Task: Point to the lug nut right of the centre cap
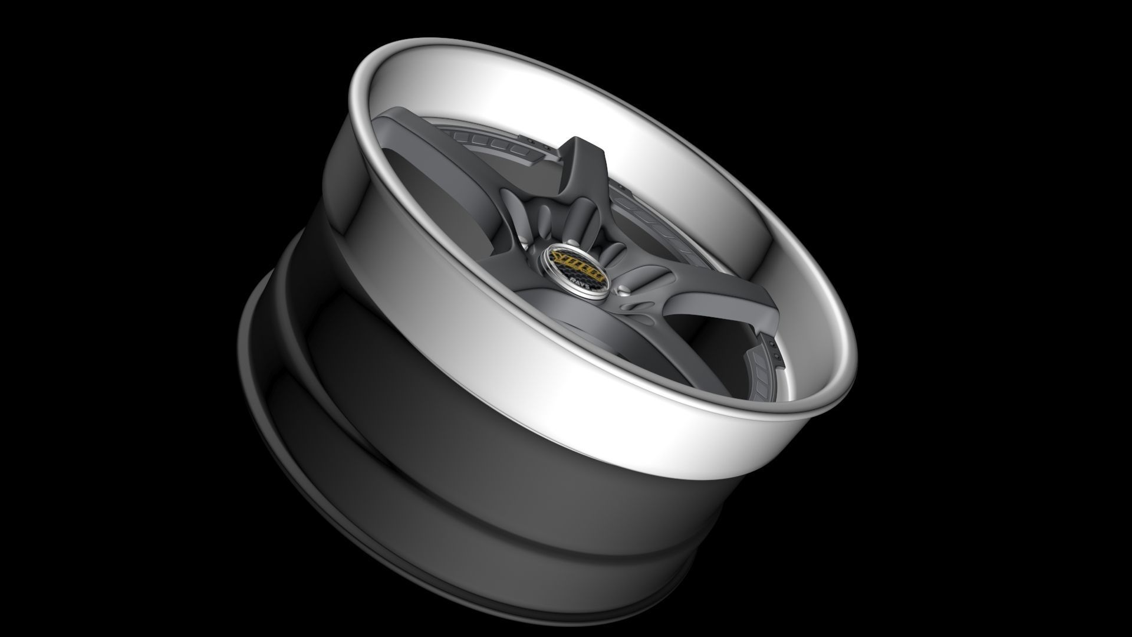(x=623, y=289)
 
